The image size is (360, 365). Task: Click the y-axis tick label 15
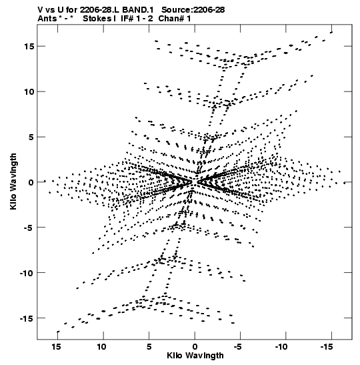(x=29, y=46)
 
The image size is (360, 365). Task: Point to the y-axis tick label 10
(x=29, y=91)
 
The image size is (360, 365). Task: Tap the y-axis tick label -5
(x=29, y=227)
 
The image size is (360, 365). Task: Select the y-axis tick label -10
(x=27, y=273)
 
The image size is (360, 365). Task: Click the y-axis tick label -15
(x=27, y=318)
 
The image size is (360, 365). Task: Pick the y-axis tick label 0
(x=31, y=182)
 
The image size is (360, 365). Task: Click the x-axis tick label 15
(x=56, y=347)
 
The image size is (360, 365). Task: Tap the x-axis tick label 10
(x=102, y=347)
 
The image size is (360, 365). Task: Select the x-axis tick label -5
(x=238, y=347)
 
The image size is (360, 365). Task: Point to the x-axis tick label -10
(x=281, y=347)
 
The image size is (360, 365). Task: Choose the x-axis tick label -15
(x=327, y=347)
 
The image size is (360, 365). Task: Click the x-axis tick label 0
(x=195, y=347)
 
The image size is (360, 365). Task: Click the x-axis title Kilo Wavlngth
(x=195, y=356)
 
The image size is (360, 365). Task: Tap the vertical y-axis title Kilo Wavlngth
(x=13, y=181)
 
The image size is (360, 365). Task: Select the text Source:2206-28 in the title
(x=193, y=10)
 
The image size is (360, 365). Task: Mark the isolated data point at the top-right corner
(x=331, y=32)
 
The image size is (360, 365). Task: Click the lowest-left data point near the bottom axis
(x=58, y=332)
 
